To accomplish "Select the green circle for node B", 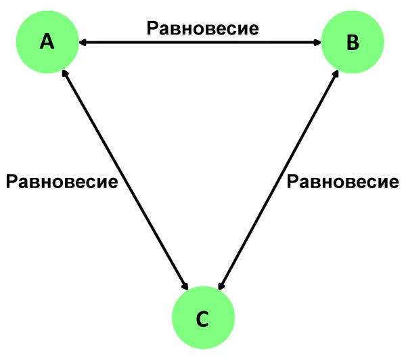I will (x=353, y=43).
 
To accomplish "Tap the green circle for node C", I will (x=203, y=319).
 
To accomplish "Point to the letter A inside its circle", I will (x=47, y=43).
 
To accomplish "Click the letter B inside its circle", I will (x=353, y=43).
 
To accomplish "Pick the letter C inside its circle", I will (x=203, y=319).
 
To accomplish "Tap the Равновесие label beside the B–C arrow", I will (x=342, y=181).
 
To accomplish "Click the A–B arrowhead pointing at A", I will (x=81, y=43).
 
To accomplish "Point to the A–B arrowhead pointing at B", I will (x=317, y=43).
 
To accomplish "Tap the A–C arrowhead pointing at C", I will (x=186, y=286).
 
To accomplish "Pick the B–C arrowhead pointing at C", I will (x=220, y=285).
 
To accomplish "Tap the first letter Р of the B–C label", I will (x=292, y=181).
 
